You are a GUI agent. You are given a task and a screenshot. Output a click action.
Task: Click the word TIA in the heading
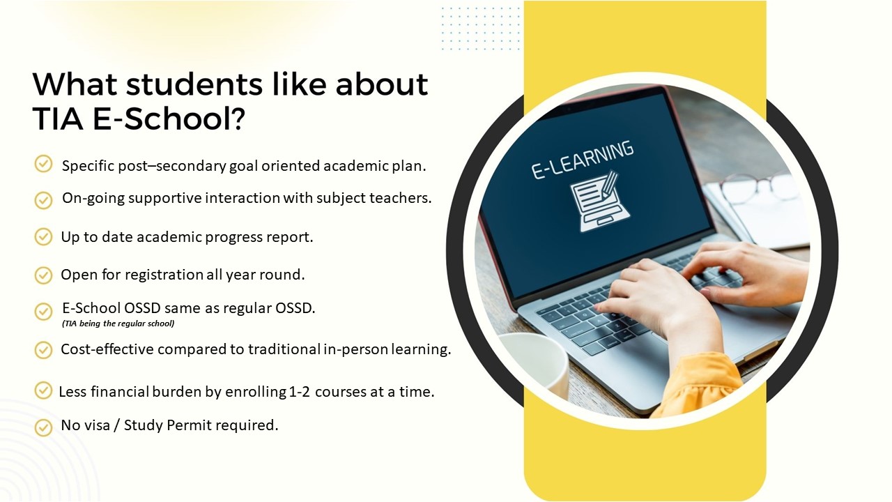click(x=58, y=119)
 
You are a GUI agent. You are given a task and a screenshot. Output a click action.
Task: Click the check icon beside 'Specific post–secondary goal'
click(x=43, y=164)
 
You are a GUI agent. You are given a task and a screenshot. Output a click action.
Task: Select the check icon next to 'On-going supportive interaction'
click(x=43, y=200)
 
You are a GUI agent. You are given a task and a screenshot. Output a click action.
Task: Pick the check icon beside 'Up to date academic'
click(x=43, y=236)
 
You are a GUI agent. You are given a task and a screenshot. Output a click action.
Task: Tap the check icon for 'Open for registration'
click(x=43, y=275)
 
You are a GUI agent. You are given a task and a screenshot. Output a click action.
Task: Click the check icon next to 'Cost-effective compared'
click(x=43, y=350)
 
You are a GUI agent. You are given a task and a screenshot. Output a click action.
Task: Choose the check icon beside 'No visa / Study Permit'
click(x=43, y=427)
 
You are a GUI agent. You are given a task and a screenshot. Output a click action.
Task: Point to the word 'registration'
click(x=164, y=275)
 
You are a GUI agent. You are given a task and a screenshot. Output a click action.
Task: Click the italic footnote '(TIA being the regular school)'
click(x=118, y=324)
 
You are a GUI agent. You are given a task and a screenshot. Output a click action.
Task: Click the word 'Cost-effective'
click(x=107, y=349)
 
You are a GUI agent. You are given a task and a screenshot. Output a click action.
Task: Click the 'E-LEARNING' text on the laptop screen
click(x=582, y=160)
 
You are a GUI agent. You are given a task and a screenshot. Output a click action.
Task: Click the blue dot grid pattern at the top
click(x=481, y=28)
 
